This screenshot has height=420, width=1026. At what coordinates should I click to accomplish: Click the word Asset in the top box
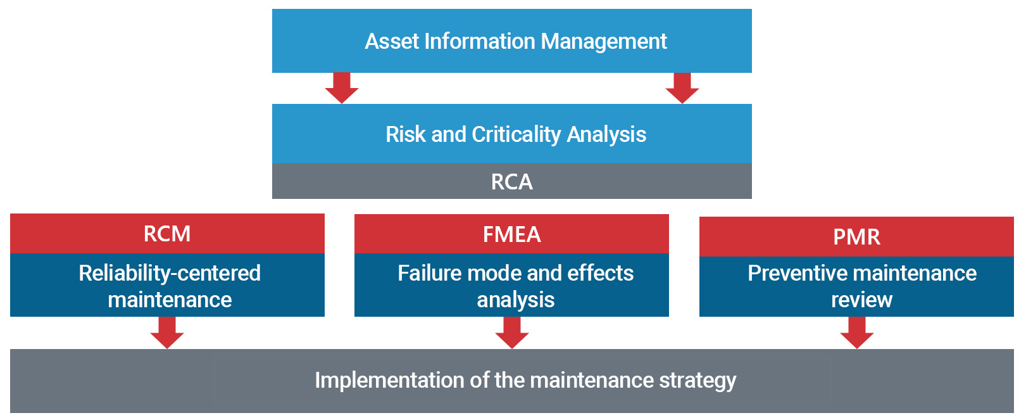tap(392, 41)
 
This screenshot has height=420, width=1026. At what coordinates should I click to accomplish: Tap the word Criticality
tap(516, 135)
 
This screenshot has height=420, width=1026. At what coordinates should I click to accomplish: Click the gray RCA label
tap(511, 182)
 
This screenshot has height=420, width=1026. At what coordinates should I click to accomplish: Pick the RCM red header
tap(167, 233)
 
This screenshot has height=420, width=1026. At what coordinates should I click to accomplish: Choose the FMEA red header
tap(511, 234)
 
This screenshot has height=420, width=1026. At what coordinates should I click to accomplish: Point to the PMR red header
tap(856, 236)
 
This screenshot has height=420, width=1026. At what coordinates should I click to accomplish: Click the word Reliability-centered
tap(170, 274)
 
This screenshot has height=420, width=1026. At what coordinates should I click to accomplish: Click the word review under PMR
tap(861, 300)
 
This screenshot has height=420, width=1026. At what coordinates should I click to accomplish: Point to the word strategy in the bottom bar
tap(698, 381)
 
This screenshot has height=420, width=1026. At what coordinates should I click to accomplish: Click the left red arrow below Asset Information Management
tap(342, 88)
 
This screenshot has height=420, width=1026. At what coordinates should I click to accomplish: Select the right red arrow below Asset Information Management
tap(682, 88)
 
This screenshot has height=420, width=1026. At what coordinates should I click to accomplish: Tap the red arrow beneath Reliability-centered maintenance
tap(167, 333)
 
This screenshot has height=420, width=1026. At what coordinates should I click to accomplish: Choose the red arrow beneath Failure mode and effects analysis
tap(512, 333)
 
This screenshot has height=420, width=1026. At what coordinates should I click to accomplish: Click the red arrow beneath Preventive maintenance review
tap(857, 333)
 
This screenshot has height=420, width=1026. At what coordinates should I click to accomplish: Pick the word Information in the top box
tap(480, 41)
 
